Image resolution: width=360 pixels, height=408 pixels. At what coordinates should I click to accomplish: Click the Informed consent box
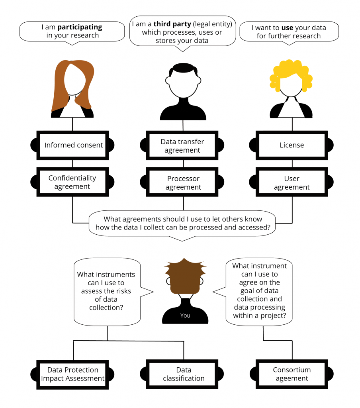pos(72,145)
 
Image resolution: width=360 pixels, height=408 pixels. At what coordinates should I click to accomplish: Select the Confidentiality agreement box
pos(72,182)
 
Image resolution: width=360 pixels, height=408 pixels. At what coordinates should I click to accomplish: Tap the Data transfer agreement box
pos(183,146)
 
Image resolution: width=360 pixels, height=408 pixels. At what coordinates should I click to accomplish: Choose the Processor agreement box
pos(183,183)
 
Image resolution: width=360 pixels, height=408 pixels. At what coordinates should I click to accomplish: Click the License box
pos(292,145)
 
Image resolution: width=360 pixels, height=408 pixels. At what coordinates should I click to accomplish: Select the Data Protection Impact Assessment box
pos(72,375)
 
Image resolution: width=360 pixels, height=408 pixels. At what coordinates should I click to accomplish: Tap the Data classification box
pos(184,375)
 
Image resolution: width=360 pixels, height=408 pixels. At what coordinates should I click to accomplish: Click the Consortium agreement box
pos(292,375)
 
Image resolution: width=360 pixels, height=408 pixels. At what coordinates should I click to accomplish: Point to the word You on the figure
pos(185,316)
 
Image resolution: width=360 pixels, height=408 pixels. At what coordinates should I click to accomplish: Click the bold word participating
pos(80,27)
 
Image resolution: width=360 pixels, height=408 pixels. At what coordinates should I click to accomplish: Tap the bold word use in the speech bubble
pos(287,28)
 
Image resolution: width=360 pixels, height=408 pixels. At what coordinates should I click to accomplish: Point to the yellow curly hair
pos(291,72)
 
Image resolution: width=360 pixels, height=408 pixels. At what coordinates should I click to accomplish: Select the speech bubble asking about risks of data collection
pos(107,291)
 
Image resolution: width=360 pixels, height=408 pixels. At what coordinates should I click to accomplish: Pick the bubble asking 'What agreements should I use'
pos(183,223)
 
